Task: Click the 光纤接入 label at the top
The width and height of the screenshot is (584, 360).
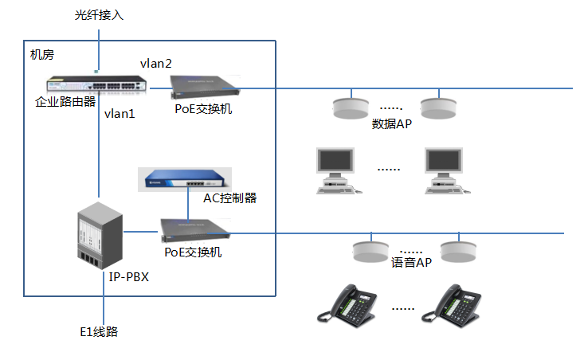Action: point(100,15)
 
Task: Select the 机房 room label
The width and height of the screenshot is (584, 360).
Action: point(42,54)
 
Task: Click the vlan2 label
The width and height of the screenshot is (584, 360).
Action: point(156,63)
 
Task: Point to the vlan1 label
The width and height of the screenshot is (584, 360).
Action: point(120,114)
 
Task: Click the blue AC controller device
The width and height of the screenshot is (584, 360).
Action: point(184,179)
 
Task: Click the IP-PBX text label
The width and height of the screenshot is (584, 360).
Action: point(128,278)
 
